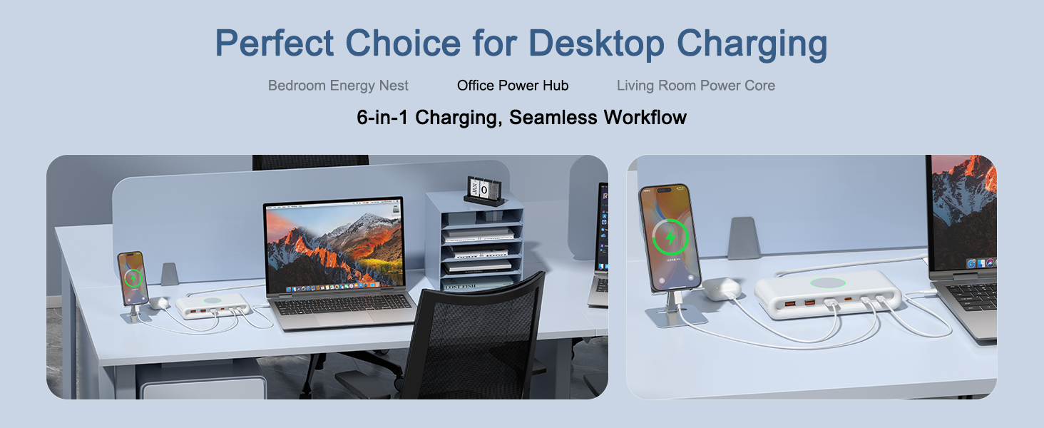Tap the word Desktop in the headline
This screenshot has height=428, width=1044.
[x=598, y=44]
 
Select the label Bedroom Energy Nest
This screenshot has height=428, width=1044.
[x=338, y=86]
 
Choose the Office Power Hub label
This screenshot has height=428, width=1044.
[x=513, y=86]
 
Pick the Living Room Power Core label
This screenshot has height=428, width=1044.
[x=695, y=86]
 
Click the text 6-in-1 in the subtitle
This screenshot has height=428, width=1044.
[x=383, y=117]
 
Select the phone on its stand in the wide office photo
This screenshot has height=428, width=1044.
[x=133, y=278]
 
